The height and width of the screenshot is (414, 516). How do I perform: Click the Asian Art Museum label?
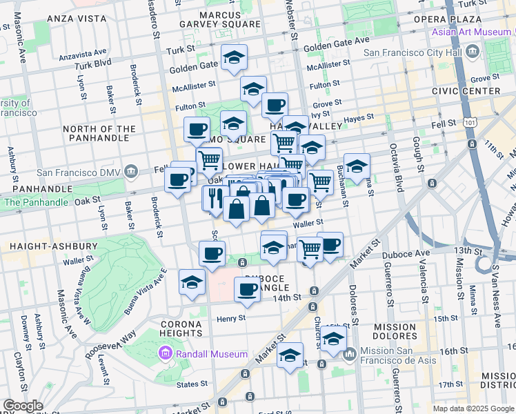coord(473,32)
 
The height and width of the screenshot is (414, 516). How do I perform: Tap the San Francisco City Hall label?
coord(421,52)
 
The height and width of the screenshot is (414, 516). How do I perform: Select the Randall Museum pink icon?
coord(164,354)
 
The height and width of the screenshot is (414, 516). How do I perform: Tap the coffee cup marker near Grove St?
coord(275,106)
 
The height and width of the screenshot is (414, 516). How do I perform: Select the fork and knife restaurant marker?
coord(214,198)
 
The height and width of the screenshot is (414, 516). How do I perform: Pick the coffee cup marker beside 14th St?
coord(247,290)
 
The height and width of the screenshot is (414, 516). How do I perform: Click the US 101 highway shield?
coord(470,122)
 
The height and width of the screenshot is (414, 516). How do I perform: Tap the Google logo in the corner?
coord(23,406)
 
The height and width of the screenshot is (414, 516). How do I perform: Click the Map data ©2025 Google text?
coord(473,408)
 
